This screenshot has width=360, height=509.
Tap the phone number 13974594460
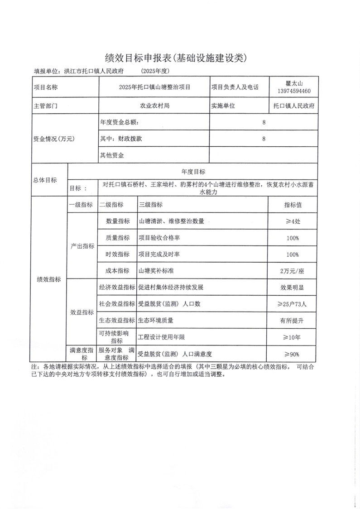coord(293,91)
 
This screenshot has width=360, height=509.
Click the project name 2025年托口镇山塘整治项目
coord(154,87)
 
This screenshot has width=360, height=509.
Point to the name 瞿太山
coord(293,83)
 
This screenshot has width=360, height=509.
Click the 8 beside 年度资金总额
coord(264,122)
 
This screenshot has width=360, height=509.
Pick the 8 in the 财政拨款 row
coord(264,139)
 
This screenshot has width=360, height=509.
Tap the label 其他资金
coord(112,155)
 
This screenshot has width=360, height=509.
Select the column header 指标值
coord(293,205)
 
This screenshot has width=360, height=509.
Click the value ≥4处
coord(293,222)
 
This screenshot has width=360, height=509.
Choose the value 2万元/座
coord(293,271)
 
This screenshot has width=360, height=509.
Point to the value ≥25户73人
coord(293,304)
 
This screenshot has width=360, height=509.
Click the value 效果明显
coord(293,288)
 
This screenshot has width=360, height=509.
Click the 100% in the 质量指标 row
coord(293,238)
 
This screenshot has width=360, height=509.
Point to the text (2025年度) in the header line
coord(155,71)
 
